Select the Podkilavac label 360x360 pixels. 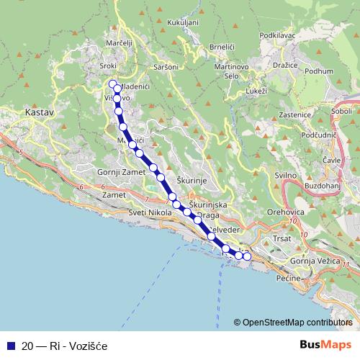click(x=278, y=35)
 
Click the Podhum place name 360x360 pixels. click(x=319, y=71)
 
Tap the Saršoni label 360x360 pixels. click(x=166, y=67)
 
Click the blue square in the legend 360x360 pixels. click(x=10, y=346)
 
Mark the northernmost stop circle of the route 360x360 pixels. click(x=112, y=84)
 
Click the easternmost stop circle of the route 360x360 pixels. click(x=248, y=256)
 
